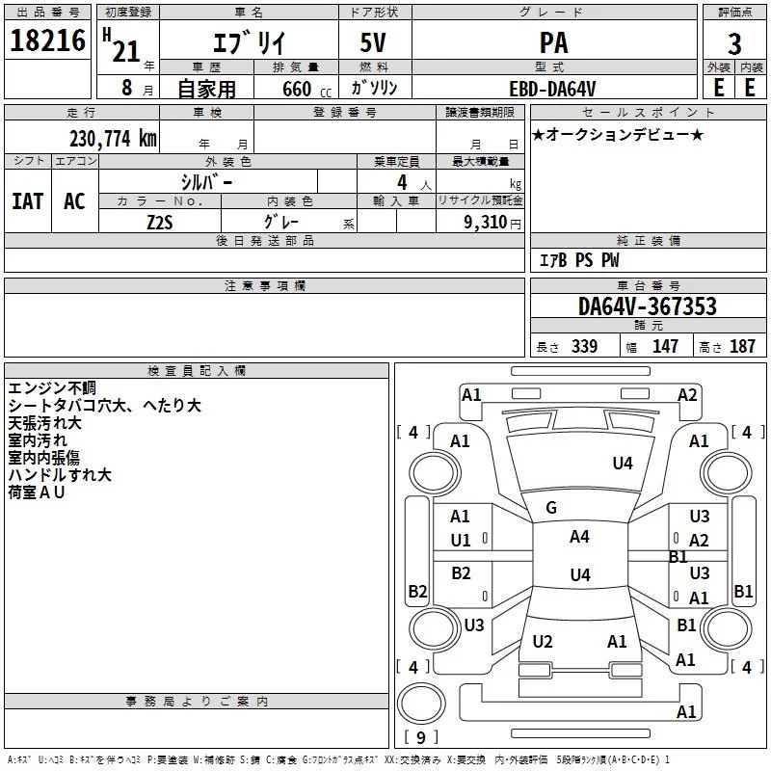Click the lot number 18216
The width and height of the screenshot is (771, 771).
[47, 43]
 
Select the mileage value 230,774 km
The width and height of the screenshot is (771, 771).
[113, 138]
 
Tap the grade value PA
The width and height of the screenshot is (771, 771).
[553, 43]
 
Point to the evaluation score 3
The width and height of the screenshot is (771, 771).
[734, 43]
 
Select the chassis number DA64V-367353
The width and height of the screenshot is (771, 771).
[648, 307]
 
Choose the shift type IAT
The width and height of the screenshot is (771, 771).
[28, 201]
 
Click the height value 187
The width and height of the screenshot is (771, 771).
[743, 347]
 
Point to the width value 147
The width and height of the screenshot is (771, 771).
[665, 347]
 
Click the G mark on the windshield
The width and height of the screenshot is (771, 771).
[551, 508]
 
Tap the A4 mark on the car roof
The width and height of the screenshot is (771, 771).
[579, 537]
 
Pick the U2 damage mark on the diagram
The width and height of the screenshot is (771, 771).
[543, 642]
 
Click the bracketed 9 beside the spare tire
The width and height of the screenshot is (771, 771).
[419, 738]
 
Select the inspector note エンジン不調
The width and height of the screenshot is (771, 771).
[52, 388]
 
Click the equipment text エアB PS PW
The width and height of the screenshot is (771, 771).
[579, 260]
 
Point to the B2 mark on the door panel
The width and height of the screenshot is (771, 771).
[462, 573]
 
